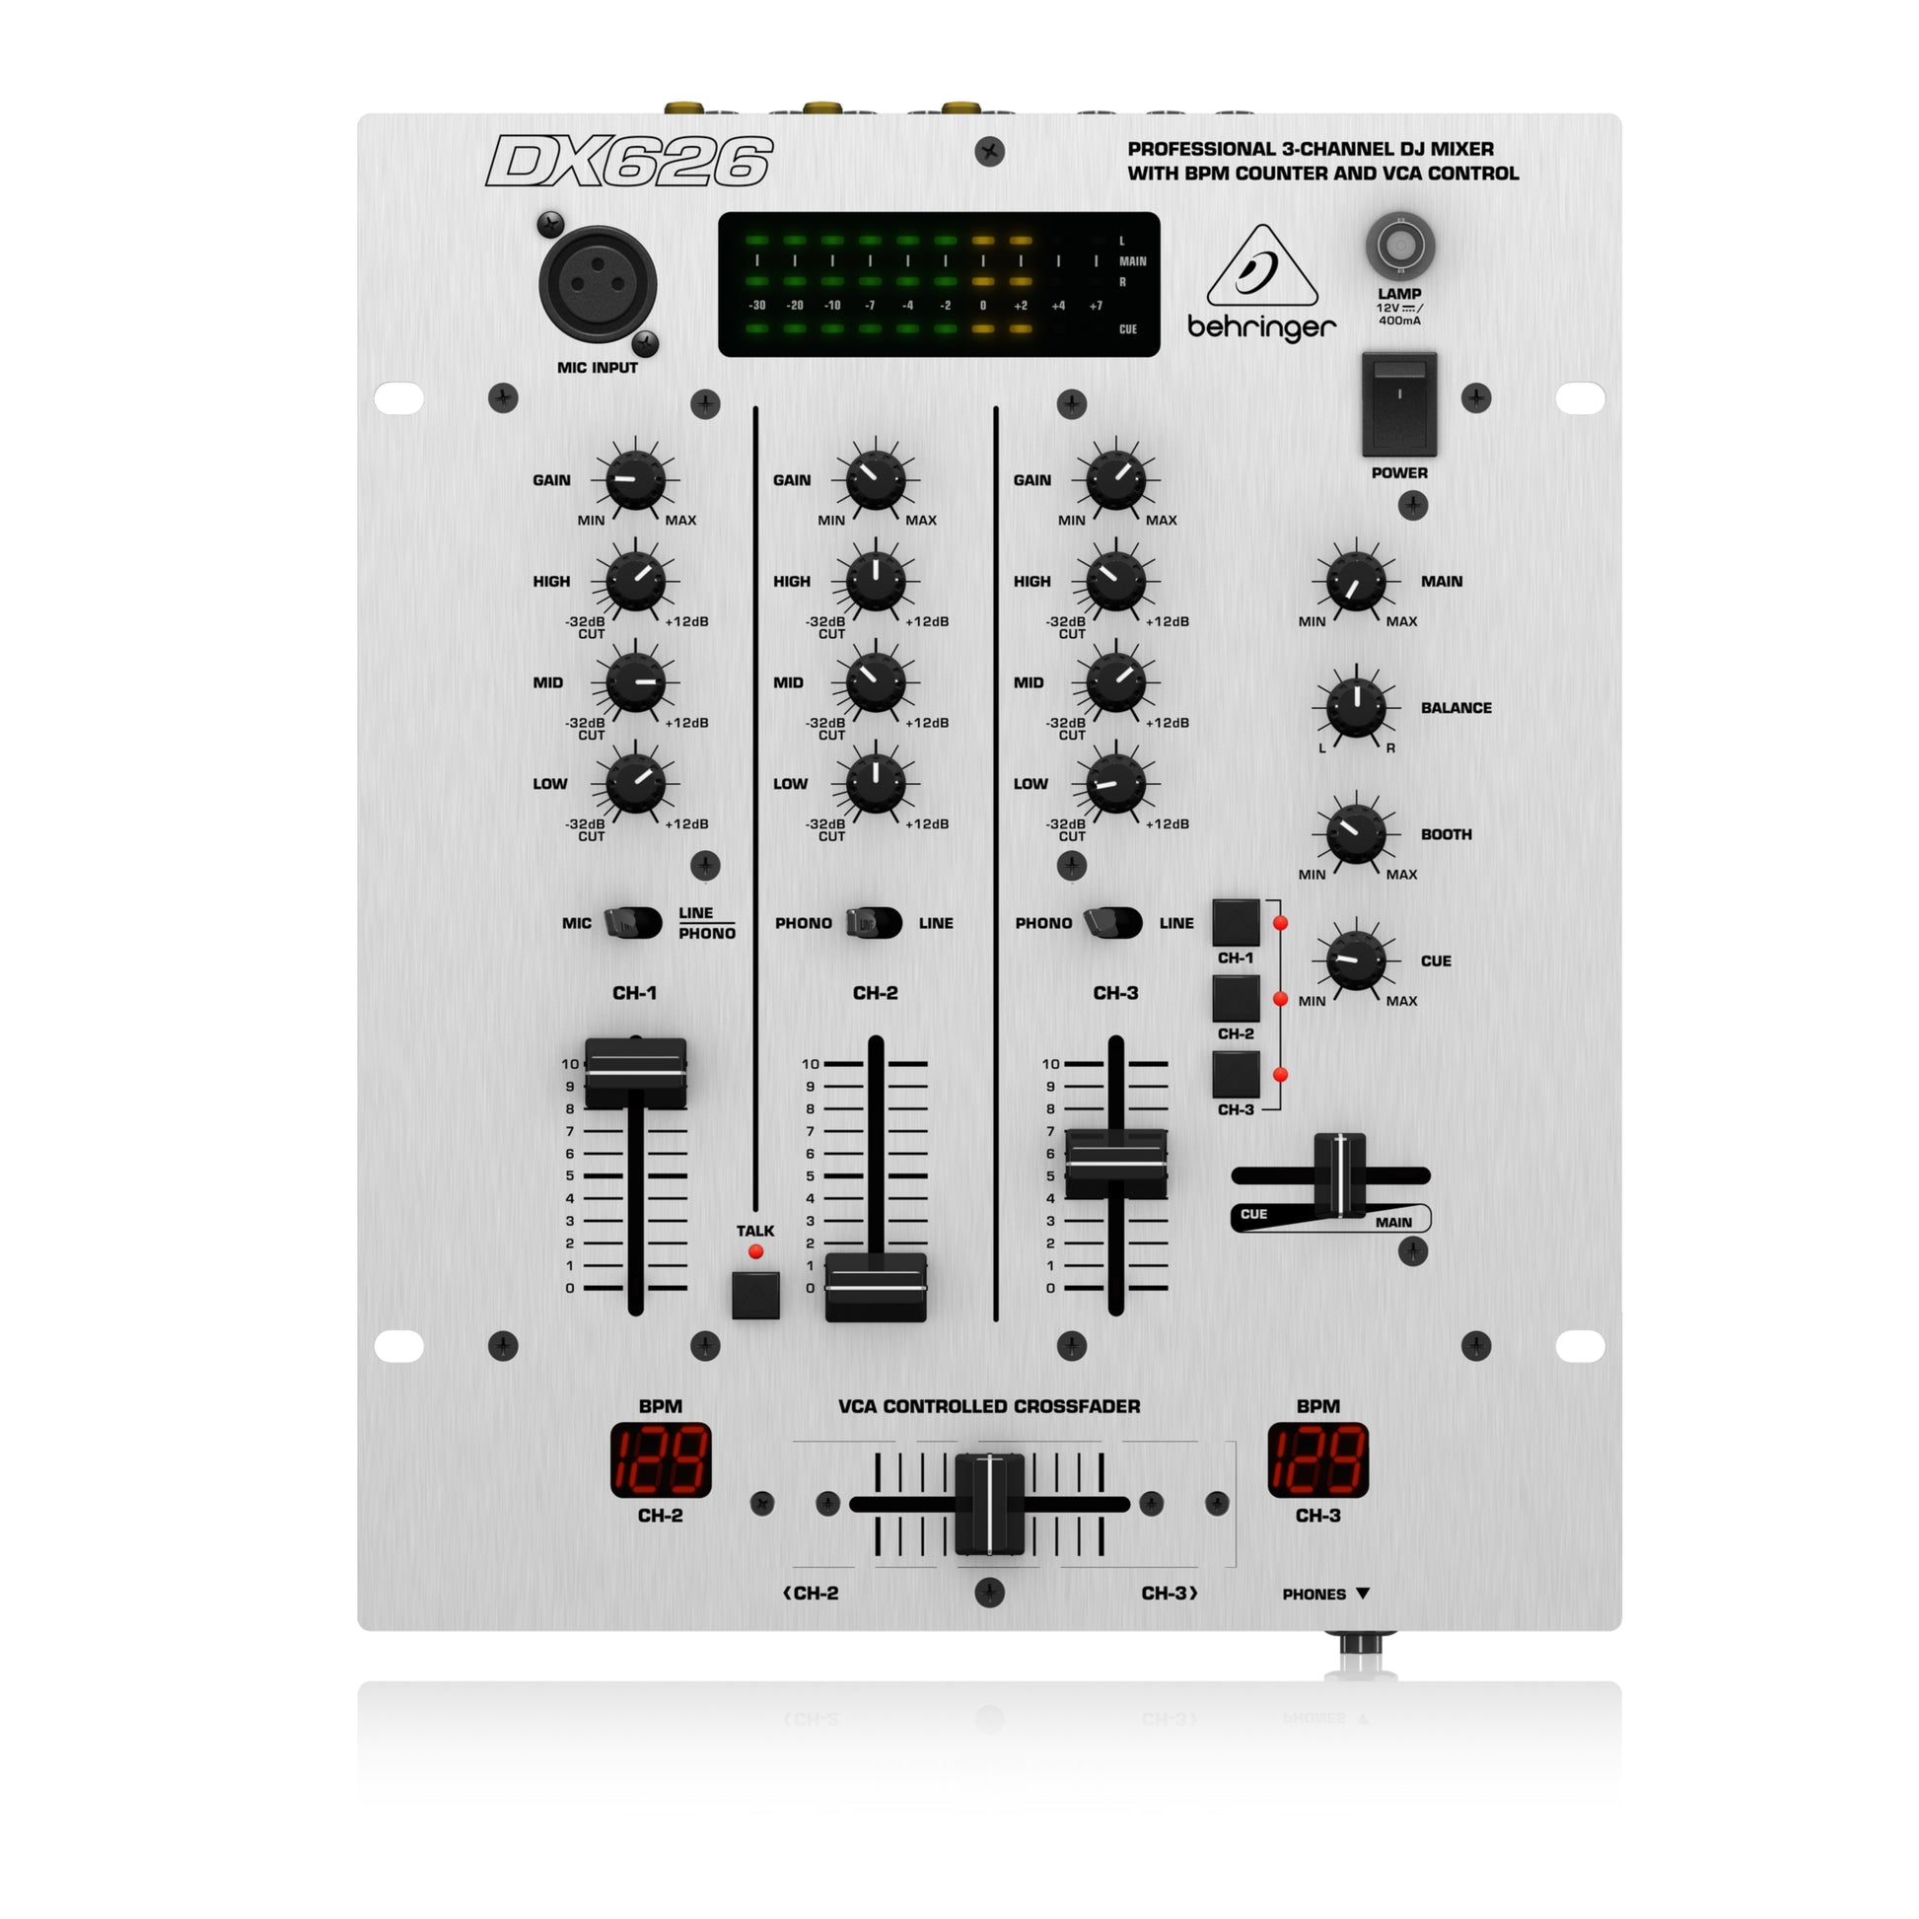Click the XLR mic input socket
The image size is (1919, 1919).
tap(597, 285)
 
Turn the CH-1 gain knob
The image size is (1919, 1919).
tap(635, 479)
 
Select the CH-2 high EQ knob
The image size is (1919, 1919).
tap(875, 581)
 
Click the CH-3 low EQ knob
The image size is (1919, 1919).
tap(1115, 784)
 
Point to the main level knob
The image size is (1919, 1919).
tap(1356, 581)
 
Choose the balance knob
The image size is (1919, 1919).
tap(1356, 707)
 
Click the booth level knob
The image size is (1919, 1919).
tap(1356, 833)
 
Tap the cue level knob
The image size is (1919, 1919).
tap(1356, 960)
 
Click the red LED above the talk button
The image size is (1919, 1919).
tap(756, 1251)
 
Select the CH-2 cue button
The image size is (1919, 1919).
tap(1236, 998)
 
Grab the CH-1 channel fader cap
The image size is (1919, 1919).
tap(635, 1073)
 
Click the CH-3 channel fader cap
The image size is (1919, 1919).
tap(1115, 1163)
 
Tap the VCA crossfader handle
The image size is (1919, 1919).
tap(989, 1504)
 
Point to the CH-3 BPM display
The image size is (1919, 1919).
tap(1318, 1460)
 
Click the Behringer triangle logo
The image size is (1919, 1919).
tap(1261, 268)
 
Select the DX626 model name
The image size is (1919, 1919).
tap(629, 161)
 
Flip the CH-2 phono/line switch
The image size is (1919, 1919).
tap(874, 923)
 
